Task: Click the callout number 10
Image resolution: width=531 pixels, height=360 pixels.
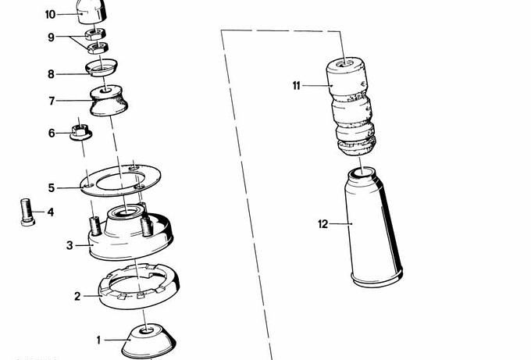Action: [x=50, y=15]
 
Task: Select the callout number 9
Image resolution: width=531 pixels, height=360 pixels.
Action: [x=51, y=37]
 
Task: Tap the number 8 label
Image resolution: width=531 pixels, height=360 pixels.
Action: [x=51, y=74]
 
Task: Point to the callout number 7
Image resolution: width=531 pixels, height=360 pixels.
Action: [x=52, y=101]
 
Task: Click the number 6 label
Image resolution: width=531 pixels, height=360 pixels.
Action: [x=52, y=133]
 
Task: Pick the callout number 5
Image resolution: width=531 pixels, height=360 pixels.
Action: [x=52, y=188]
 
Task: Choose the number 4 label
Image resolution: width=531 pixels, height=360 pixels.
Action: [x=51, y=212]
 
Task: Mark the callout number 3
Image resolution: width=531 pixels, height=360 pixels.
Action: [x=69, y=245]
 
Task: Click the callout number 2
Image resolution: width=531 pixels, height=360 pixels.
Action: [x=77, y=296]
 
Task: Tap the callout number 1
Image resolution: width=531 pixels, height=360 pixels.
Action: [x=98, y=340]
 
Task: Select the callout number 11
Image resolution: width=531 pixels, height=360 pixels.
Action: [x=297, y=86]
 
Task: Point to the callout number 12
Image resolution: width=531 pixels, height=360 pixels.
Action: [x=323, y=224]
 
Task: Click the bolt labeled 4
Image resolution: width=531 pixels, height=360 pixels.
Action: [x=27, y=212]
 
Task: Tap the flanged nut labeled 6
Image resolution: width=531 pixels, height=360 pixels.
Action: [x=80, y=132]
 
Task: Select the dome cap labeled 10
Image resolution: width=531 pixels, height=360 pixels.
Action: [x=92, y=12]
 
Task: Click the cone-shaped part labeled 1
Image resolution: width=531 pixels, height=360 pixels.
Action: [x=148, y=340]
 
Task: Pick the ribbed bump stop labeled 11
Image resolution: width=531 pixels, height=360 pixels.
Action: [x=351, y=106]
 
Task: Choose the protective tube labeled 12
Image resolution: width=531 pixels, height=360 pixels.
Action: [x=374, y=227]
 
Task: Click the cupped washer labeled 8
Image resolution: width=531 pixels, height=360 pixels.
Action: [x=102, y=67]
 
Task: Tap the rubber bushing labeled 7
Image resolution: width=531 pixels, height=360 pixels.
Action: [x=109, y=100]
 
